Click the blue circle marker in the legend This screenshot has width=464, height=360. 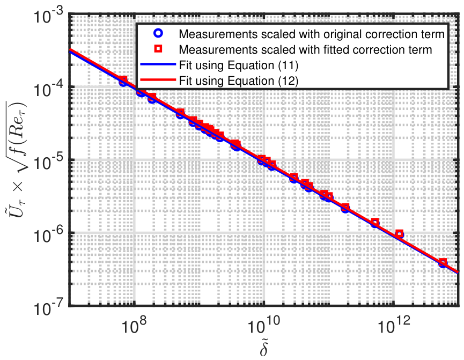click(158, 33)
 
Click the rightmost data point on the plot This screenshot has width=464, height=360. click(443, 263)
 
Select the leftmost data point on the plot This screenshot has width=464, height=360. click(123, 82)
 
